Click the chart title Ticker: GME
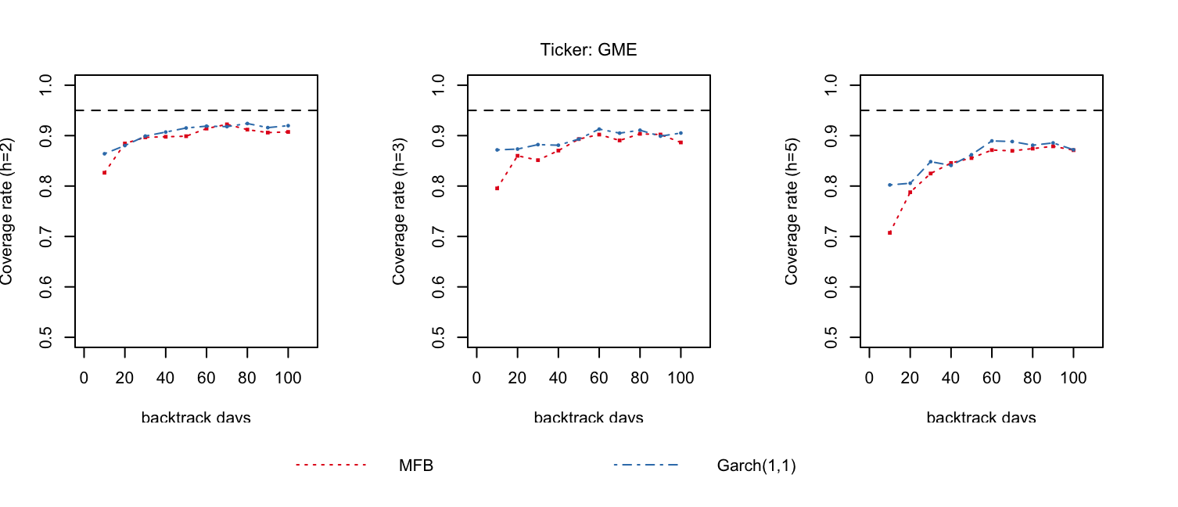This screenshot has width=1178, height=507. coord(588,50)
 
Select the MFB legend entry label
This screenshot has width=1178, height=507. coord(416,466)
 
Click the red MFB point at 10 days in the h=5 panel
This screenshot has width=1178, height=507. coord(890,232)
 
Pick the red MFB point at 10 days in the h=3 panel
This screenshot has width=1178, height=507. coord(497,189)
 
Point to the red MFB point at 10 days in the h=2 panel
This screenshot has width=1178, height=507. coord(104,172)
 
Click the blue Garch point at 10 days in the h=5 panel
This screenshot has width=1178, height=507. coord(890,185)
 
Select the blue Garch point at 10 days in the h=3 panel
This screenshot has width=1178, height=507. coord(497,150)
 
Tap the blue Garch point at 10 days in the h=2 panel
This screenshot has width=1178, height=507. coord(104,153)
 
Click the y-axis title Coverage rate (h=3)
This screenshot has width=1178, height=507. coord(399,211)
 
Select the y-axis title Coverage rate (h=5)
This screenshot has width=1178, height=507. coord(792,211)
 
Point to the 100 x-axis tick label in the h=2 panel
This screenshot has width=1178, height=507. coord(288,378)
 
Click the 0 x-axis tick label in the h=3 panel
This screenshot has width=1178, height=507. coord(476,378)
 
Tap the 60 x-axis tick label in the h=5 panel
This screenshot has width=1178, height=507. coord(991,378)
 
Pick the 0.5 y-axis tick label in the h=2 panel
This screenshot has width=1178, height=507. coord(45,337)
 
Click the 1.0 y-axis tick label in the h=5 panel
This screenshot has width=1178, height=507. coord(831,85)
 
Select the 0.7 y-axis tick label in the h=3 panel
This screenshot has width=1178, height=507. coord(438,236)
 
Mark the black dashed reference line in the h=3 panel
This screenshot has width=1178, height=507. coord(589,110)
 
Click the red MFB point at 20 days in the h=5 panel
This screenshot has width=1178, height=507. coord(910,192)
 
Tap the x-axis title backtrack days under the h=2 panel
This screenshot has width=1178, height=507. coord(196,418)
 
